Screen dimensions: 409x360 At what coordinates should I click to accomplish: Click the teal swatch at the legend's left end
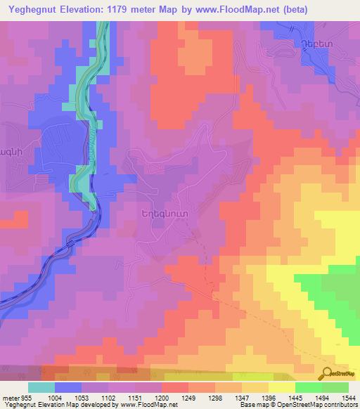pyautogui.click(x=41, y=387)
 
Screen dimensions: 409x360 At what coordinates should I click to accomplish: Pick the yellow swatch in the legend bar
pyautogui.click(x=282, y=387)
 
